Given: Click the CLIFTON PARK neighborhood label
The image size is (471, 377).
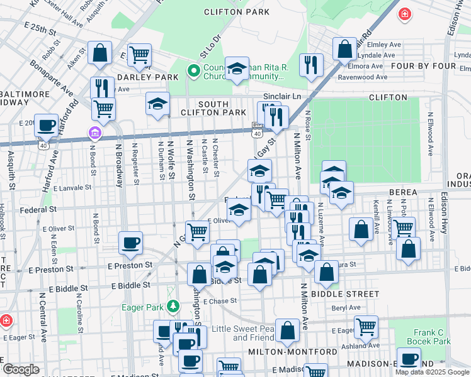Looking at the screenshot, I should pos(237,12).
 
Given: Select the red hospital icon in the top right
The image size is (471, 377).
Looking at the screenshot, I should pos(404,13).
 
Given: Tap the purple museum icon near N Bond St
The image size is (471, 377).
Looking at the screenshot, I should pos(94,133).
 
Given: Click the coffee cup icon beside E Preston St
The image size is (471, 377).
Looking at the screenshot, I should pos(130,243).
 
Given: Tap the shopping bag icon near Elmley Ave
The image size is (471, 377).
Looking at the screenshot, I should pos(344,48).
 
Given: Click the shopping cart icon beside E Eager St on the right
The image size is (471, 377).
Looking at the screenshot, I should pos(365,326).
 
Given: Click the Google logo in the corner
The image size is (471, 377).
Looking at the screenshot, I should pos(21,369).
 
